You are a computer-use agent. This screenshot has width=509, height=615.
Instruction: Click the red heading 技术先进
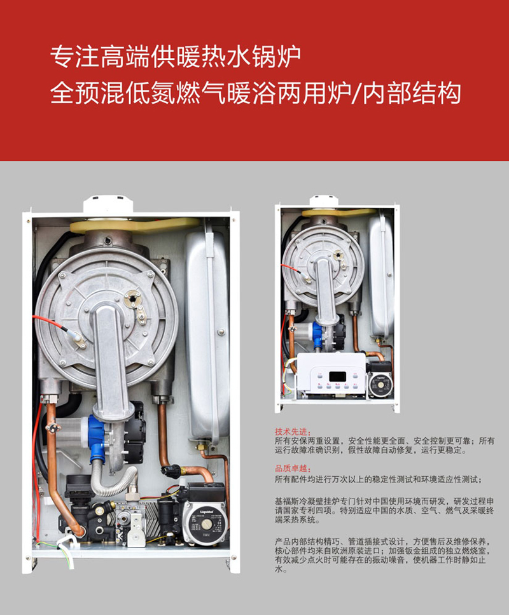coord(293,432)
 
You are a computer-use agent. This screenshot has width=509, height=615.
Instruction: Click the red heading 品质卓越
coord(293,469)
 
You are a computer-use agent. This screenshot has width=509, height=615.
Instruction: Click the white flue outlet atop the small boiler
coord(324,202)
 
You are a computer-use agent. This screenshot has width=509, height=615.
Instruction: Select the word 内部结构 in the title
coord(412,94)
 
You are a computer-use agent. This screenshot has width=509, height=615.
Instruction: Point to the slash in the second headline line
coord(356,94)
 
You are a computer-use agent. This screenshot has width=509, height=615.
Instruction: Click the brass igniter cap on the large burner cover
coord(132,298)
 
